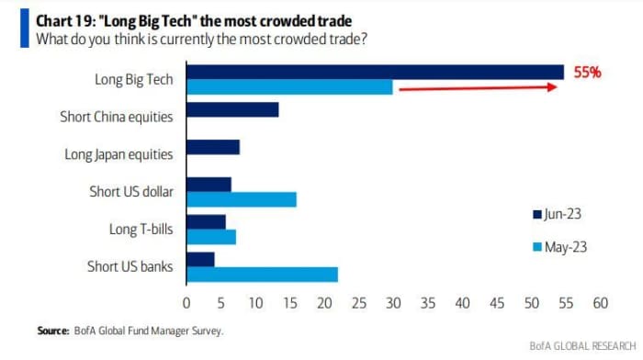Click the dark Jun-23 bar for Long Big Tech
coord(375,73)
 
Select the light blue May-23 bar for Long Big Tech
coord(289,87)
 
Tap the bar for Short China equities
coord(232,109)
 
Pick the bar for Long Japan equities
coord(213,147)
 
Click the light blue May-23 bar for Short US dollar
coord(242,199)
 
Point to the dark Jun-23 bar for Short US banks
coord(200,260)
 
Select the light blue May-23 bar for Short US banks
coord(263,275)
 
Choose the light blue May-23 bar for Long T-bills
coord(211,237)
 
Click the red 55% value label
coord(587,73)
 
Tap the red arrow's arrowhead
coord(552,87)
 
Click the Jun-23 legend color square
coord(537,215)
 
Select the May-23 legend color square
coord(537,247)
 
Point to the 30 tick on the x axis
coord(393,303)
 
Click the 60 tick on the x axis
coord(601,303)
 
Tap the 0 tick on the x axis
coord(186,303)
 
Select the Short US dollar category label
coord(131,192)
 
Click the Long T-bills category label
coord(141,230)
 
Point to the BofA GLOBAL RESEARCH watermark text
coord(582,346)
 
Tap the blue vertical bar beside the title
coord(25,28)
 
